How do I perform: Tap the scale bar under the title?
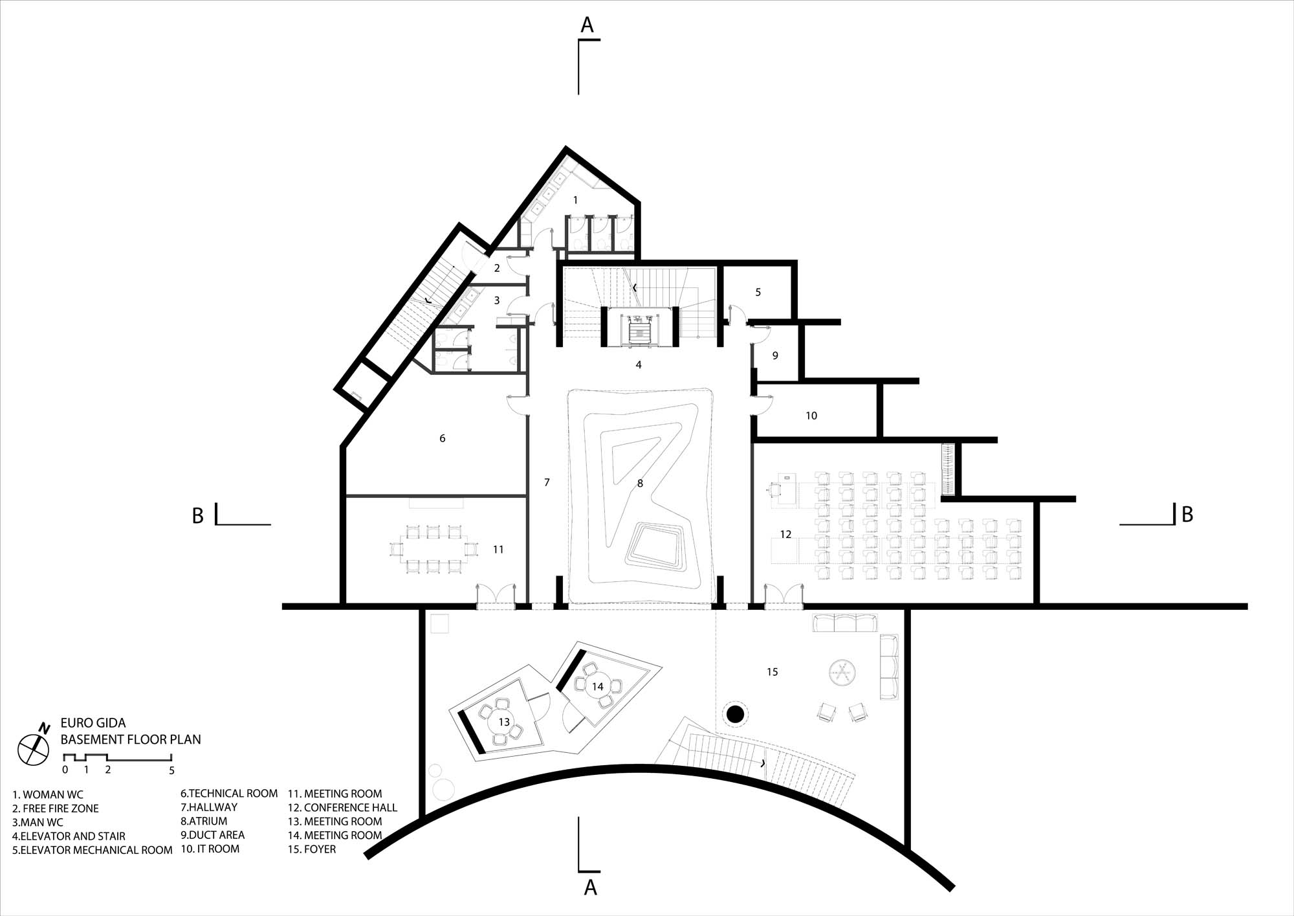[117, 757]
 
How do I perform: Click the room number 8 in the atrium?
[640, 484]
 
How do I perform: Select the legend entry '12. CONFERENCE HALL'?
[342, 808]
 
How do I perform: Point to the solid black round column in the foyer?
[734, 715]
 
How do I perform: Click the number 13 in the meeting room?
[504, 722]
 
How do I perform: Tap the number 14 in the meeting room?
[597, 687]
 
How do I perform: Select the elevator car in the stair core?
[639, 331]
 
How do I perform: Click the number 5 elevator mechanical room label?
[758, 293]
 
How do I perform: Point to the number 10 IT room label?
[811, 416]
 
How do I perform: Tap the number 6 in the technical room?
[443, 438]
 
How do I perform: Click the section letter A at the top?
[587, 25]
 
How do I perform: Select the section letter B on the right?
[1187, 514]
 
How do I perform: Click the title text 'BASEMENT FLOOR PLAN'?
[131, 739]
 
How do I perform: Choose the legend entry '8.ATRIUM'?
[204, 821]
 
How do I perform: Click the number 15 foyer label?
[773, 672]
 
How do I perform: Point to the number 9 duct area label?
[775, 355]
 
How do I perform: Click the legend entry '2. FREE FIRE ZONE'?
[56, 809]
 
